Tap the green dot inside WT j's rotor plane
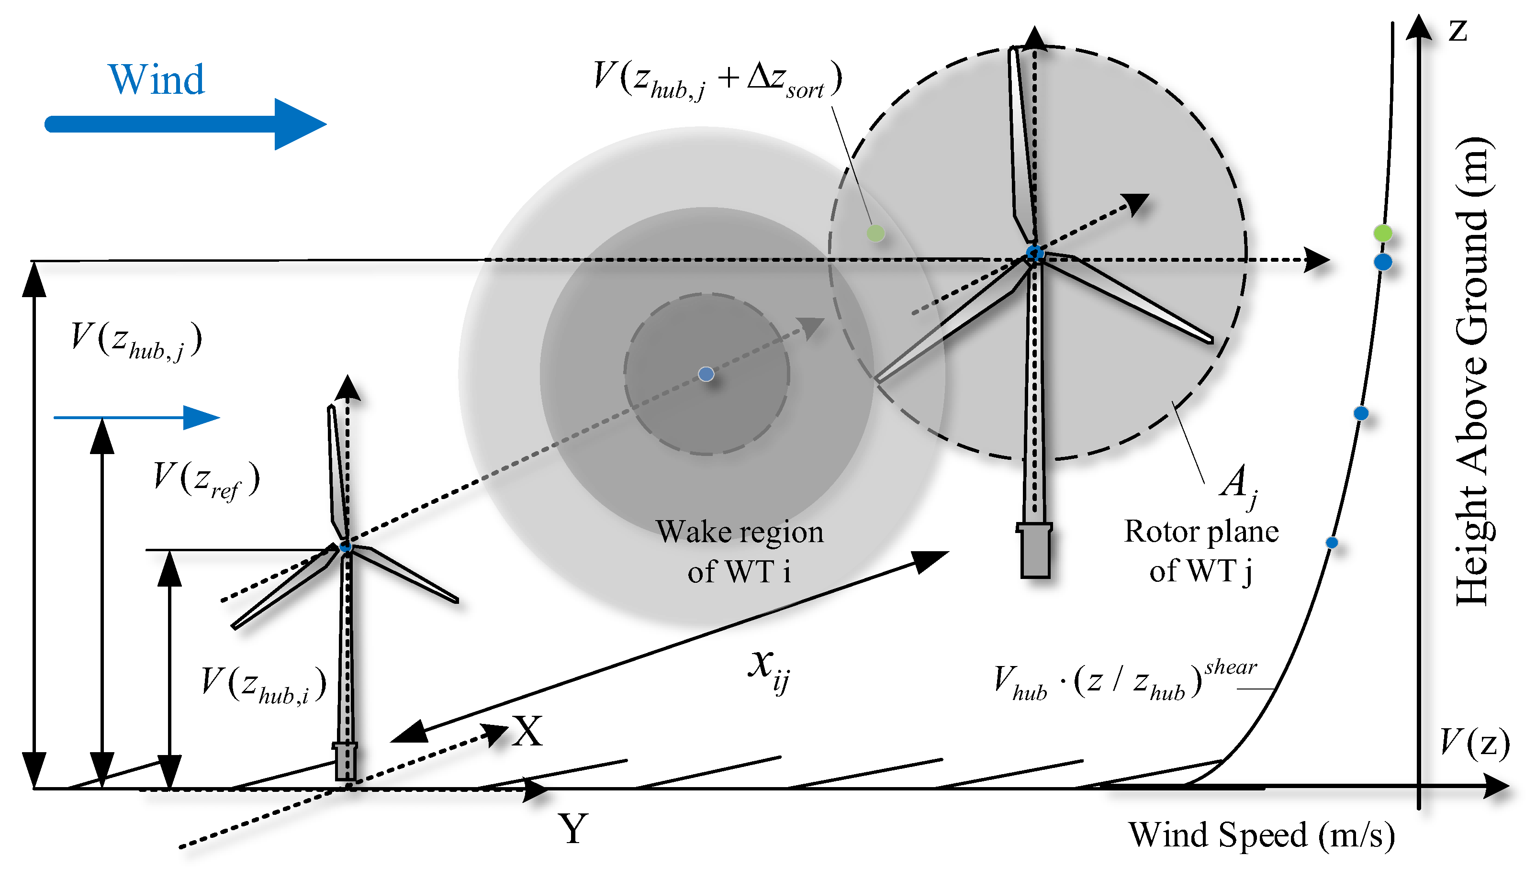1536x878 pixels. (875, 233)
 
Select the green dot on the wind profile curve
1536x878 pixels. (1383, 233)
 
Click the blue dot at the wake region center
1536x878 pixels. (706, 374)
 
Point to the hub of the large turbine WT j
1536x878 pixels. (1035, 253)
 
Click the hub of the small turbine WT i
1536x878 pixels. (346, 546)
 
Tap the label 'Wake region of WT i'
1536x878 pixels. (740, 551)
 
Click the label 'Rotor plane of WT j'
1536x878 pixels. (1201, 551)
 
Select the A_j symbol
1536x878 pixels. (1239, 486)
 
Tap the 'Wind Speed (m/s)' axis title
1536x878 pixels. (1262, 836)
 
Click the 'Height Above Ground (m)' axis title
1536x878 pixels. (1473, 371)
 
